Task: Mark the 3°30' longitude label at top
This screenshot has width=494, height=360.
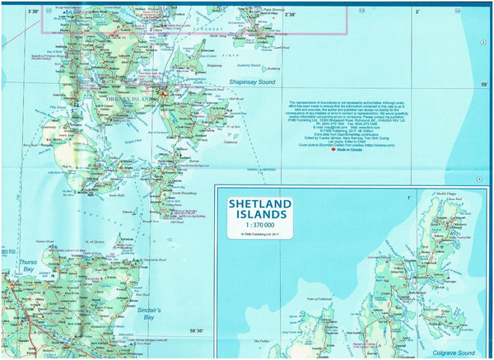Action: pos(33,12)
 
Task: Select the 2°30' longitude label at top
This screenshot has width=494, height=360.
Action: pos(290,14)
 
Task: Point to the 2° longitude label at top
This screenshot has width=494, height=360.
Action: pos(417,12)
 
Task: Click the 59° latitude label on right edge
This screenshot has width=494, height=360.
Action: pos(483,85)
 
